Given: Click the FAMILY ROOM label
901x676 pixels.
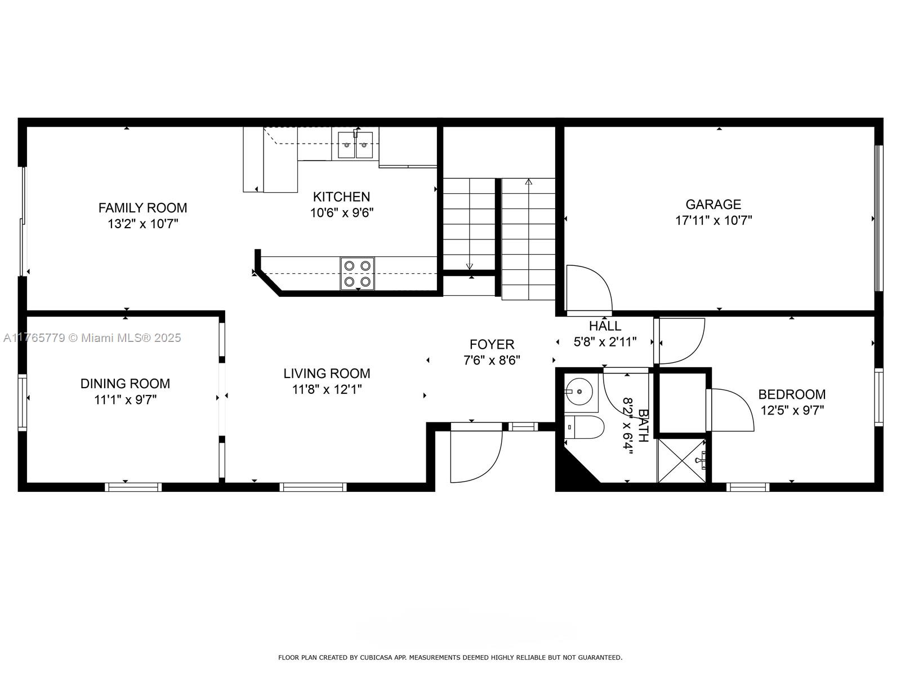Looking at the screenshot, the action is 142,208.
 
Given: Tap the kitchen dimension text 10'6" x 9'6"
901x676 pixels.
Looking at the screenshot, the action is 341,212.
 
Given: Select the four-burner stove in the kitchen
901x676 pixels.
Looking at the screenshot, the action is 357,273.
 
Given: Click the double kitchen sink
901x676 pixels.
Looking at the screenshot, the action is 355,144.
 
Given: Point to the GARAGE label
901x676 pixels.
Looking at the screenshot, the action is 713,204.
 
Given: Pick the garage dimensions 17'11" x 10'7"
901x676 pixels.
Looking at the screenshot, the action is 713,220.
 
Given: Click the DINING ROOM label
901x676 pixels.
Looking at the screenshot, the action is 125,384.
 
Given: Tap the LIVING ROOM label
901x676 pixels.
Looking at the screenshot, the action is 327,373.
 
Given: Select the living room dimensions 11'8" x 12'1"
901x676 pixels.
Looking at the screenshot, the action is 327,389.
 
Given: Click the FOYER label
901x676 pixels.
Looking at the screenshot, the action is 492,344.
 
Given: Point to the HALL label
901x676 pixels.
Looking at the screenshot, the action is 605,326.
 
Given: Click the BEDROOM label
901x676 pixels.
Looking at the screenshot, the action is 792,394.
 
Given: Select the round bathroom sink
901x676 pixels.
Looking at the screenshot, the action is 579,392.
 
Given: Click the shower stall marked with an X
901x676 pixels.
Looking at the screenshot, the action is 681,460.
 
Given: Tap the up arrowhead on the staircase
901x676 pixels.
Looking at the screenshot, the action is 529,181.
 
